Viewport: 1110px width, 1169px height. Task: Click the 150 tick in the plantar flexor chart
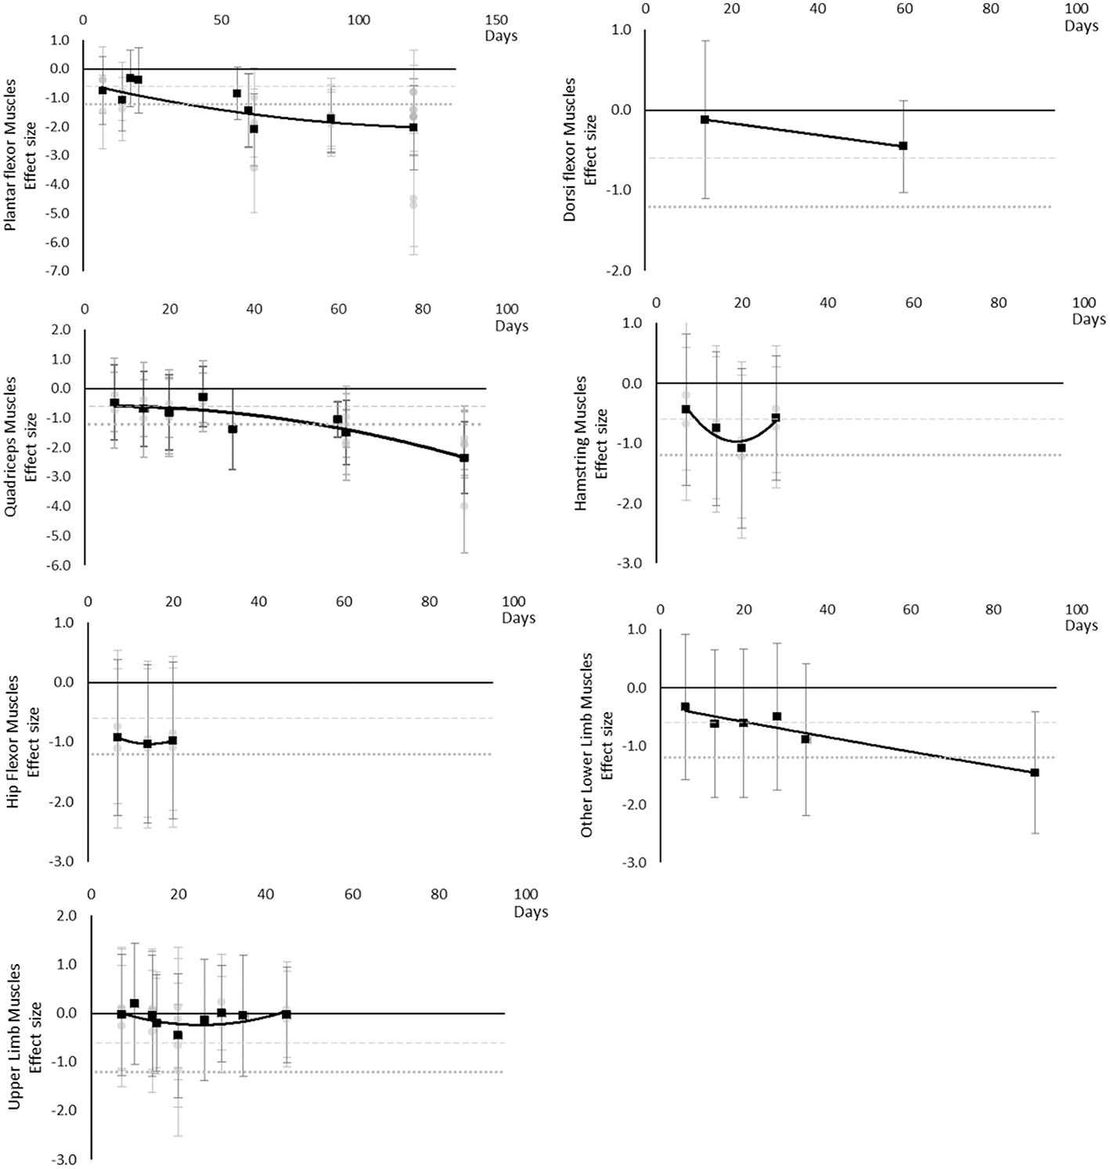496,20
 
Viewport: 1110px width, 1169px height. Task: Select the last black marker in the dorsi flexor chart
903,146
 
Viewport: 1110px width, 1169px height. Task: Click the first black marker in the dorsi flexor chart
705,120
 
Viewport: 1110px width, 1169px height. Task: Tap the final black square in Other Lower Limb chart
1035,772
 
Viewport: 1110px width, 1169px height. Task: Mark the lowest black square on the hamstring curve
741,448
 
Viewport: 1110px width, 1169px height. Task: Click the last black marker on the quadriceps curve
464,458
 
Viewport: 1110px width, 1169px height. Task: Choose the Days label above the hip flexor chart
519,618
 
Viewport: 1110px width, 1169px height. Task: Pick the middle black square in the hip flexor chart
147,743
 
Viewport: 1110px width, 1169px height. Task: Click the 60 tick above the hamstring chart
913,303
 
